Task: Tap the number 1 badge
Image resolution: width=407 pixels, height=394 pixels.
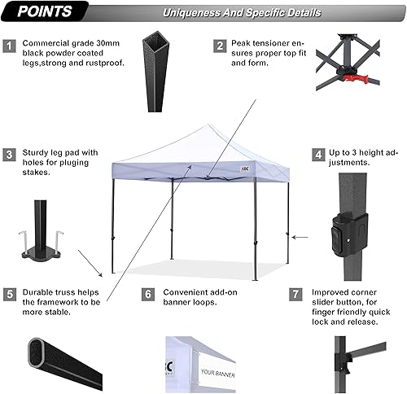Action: pyautogui.click(x=9, y=46)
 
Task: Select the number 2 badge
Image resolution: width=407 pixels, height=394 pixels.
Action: pyautogui.click(x=220, y=46)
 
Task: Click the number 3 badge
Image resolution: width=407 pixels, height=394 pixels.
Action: pyautogui.click(x=9, y=153)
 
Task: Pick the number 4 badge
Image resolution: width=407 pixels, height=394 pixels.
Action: pyautogui.click(x=318, y=153)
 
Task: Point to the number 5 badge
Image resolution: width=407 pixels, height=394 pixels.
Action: pyautogui.click(x=9, y=294)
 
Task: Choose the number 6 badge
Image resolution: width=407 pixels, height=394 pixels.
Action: pyautogui.click(x=147, y=294)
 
